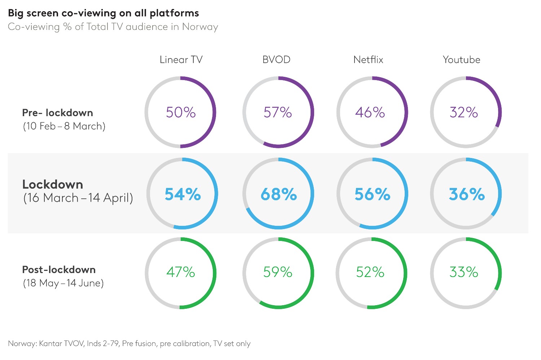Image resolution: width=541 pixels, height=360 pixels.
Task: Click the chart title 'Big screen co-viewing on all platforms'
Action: pyautogui.click(x=104, y=13)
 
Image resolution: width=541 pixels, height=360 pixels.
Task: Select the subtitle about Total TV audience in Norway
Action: pyautogui.click(x=113, y=27)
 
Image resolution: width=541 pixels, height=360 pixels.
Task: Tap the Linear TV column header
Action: pyautogui.click(x=181, y=60)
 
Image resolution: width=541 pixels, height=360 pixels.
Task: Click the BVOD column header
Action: pyautogui.click(x=276, y=60)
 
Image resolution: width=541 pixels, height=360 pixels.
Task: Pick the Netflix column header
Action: pyautogui.click(x=368, y=60)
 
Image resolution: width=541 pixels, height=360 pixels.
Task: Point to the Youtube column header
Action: pyautogui.click(x=461, y=60)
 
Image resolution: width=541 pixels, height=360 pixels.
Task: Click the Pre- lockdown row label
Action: pyautogui.click(x=58, y=113)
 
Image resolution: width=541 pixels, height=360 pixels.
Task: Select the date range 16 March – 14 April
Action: pyautogui.click(x=78, y=198)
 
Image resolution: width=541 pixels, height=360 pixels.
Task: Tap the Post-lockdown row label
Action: pyautogui.click(x=59, y=270)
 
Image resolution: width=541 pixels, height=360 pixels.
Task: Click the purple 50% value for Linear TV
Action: pyautogui.click(x=181, y=113)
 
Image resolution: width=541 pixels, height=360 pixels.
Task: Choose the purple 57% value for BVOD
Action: pyautogui.click(x=278, y=113)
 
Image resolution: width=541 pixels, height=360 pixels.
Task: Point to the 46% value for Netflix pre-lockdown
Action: pyautogui.click(x=370, y=113)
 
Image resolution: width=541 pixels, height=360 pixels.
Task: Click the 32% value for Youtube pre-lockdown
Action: pyautogui.click(x=464, y=113)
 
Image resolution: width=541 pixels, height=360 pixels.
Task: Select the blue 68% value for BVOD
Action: pyautogui.click(x=278, y=194)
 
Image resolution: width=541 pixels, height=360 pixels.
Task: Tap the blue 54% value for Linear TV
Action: pyautogui.click(x=182, y=194)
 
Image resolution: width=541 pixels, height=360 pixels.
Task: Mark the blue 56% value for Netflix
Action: pyautogui.click(x=372, y=194)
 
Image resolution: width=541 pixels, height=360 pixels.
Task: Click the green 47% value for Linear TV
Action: pyautogui.click(x=181, y=272)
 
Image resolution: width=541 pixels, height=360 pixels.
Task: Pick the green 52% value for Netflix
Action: pyautogui.click(x=370, y=272)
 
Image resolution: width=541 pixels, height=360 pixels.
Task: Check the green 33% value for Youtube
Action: pyautogui.click(x=464, y=272)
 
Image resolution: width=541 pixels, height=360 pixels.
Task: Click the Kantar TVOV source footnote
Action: pyautogui.click(x=129, y=343)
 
